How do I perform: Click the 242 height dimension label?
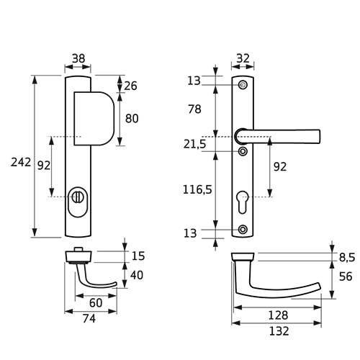21,163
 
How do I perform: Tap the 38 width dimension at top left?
78,58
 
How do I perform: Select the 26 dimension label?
130,86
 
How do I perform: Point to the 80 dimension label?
132,119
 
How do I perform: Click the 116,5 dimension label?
197,189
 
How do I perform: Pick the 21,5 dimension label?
194,144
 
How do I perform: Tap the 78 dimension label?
194,109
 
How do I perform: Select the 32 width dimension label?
243,58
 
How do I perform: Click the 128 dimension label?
278,315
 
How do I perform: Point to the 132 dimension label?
279,331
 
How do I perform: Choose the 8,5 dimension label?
347,258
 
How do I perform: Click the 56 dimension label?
346,276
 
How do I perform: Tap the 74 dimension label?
89,319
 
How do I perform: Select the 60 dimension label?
96,303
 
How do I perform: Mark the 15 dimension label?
138,256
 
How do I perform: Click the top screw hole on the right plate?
243,85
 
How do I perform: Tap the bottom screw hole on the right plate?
243,230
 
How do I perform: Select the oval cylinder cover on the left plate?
78,202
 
